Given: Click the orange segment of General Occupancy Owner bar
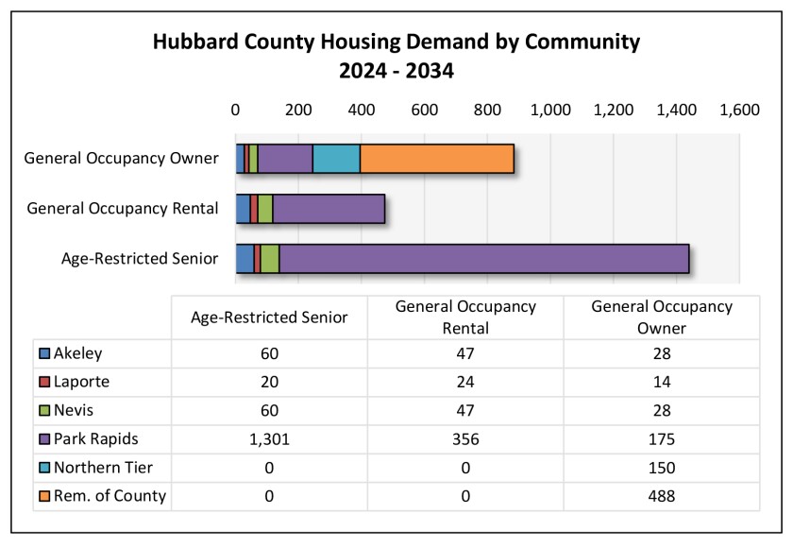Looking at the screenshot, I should [436, 159].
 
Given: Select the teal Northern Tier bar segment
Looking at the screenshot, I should [336, 159].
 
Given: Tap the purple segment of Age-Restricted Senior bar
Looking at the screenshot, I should [483, 258].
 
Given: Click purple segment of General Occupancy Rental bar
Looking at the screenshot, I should [329, 208].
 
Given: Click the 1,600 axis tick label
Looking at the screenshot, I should [739, 110].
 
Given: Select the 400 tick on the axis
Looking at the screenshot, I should [362, 110].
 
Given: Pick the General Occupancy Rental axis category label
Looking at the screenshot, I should [124, 208].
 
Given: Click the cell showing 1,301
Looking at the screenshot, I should [268, 439].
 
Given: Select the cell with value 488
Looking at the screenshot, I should [661, 496].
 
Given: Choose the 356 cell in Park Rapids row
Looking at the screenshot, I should [464, 439].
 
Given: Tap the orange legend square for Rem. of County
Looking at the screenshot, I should [44, 496].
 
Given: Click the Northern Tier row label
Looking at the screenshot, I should [103, 468].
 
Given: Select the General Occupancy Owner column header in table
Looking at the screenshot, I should [661, 317].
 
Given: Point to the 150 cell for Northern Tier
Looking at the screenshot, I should [661, 468].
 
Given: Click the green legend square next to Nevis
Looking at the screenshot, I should [44, 411].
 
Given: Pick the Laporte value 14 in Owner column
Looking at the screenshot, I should [661, 383].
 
